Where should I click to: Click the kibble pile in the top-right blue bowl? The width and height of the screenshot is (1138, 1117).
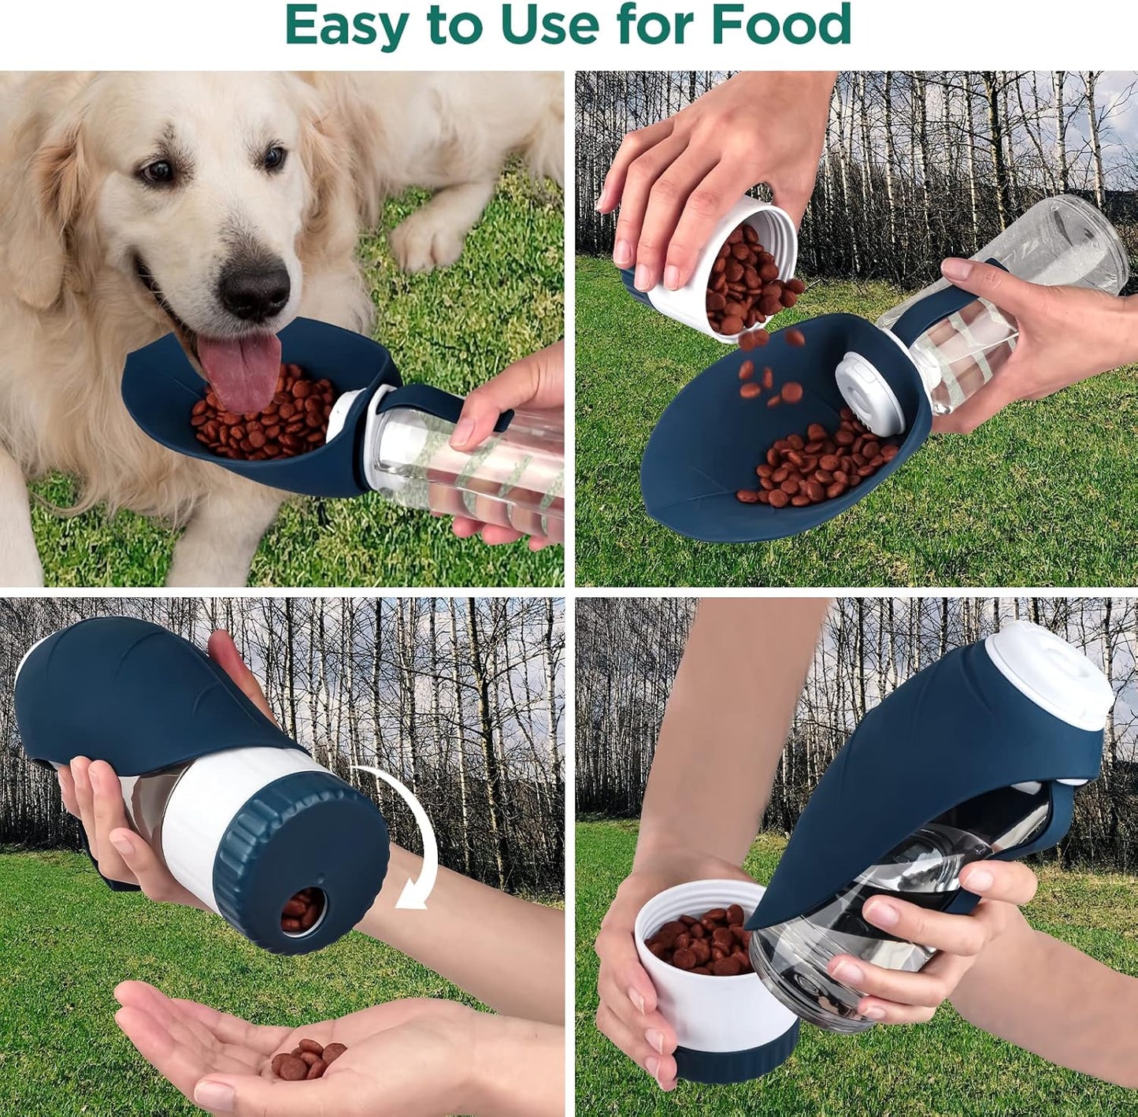tap(819, 465)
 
